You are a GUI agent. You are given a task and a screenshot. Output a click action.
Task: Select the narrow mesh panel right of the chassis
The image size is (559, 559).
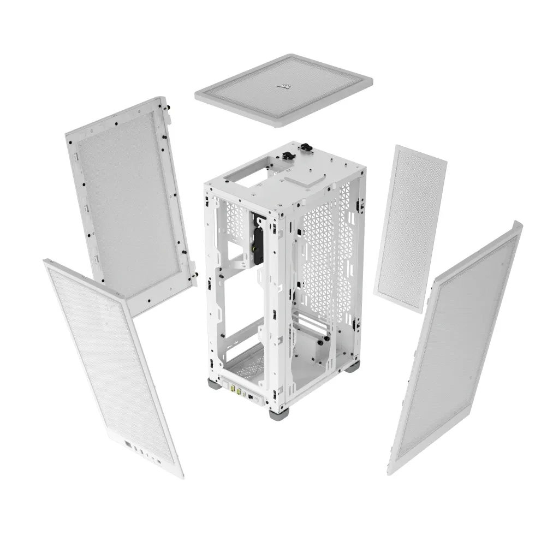click(x=410, y=228)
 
